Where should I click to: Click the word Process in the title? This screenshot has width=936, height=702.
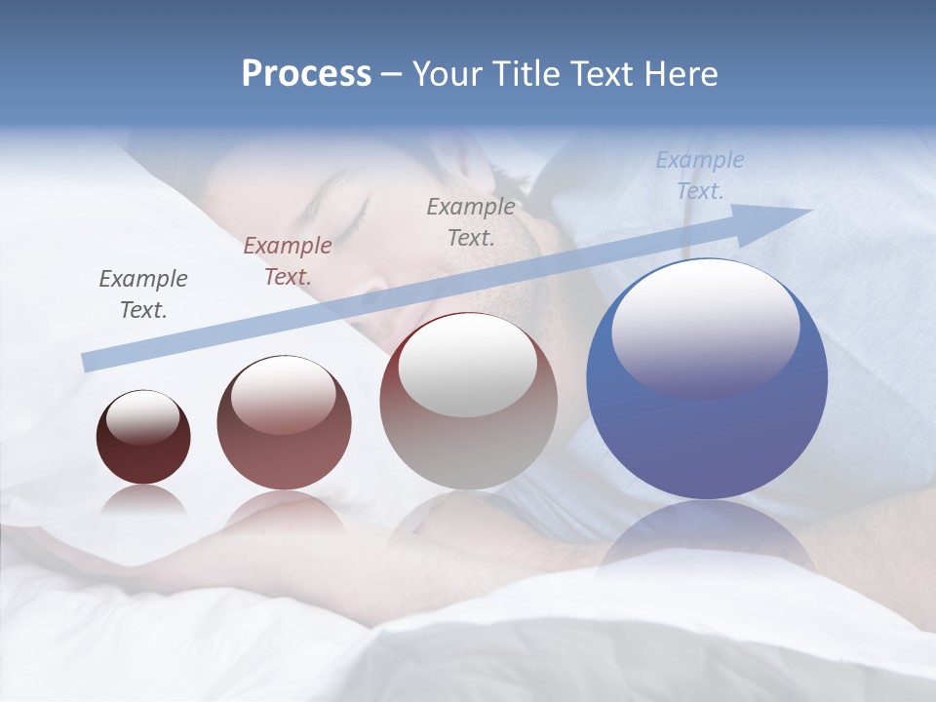306,74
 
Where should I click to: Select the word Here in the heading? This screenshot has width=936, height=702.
679,74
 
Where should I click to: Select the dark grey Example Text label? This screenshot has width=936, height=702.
143,294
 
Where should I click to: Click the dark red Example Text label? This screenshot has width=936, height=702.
287,261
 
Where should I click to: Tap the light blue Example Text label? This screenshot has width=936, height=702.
699,175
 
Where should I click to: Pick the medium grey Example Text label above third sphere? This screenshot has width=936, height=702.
471,221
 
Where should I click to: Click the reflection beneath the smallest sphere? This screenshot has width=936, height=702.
143,500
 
